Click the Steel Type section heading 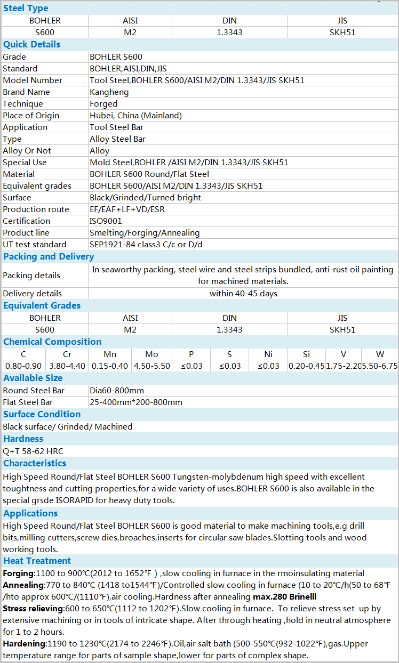tap(26, 8)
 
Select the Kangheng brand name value tap(109, 92)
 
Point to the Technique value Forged tap(103, 103)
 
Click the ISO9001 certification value tap(106, 221)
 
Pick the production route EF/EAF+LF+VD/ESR tap(127, 209)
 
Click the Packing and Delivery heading tap(49, 256)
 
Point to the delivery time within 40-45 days tap(243, 293)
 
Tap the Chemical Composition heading tap(52, 342)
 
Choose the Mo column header tap(151, 354)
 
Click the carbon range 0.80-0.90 tap(23, 366)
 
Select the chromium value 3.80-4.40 tap(67, 366)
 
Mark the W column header tap(380, 354)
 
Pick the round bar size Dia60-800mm tap(117, 390)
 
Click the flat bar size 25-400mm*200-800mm tap(136, 402)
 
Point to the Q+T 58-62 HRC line tap(33, 451)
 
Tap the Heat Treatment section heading tap(37, 561)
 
